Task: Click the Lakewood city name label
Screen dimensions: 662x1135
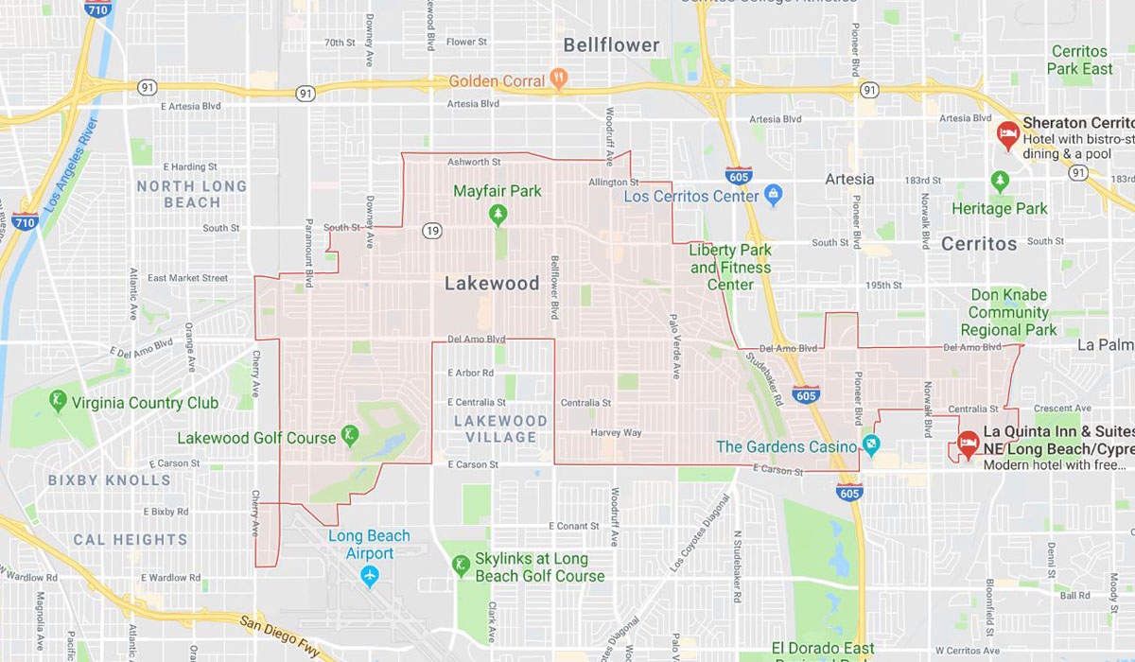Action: tap(492, 283)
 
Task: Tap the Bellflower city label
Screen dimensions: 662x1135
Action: tap(611, 44)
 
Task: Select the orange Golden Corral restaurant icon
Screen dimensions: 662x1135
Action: tap(559, 80)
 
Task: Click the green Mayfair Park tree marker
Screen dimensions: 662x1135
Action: tap(498, 215)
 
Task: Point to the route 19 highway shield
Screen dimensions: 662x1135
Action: tap(432, 230)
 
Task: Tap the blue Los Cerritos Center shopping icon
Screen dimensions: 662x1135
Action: tap(774, 196)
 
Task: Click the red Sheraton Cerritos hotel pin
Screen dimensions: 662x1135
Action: tap(1008, 131)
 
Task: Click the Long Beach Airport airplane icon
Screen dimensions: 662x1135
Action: tap(369, 574)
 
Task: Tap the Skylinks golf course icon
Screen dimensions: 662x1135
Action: tap(461, 566)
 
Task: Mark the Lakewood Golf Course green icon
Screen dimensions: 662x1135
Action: tap(351, 437)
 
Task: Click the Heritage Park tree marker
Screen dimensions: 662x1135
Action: tap(1000, 181)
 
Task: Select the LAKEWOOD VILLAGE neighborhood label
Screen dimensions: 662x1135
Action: tap(500, 428)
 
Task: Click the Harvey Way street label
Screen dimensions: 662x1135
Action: tap(616, 432)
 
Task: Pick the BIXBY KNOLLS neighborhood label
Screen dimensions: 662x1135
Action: tap(110, 479)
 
